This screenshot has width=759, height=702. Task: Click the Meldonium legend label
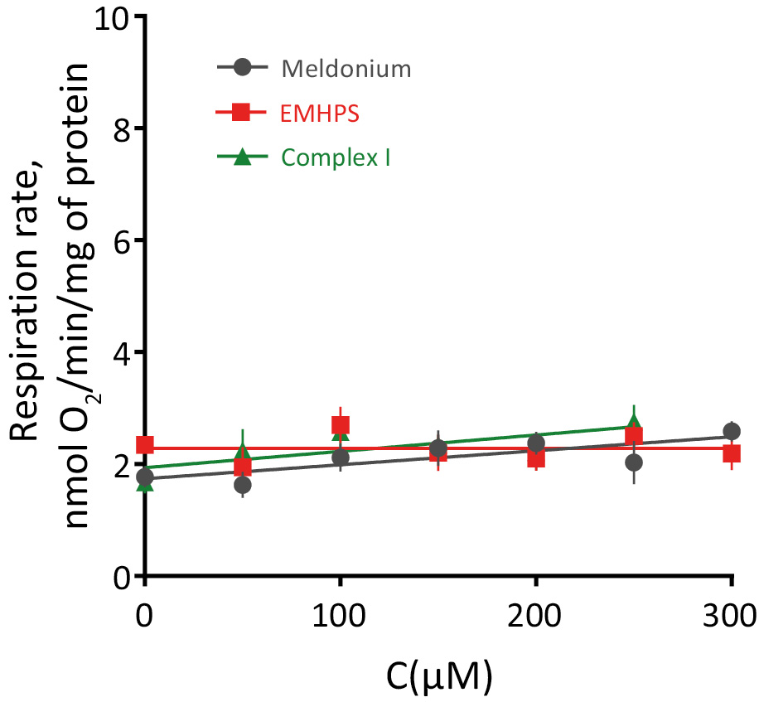click(x=346, y=69)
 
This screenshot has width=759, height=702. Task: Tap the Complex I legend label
click(x=336, y=157)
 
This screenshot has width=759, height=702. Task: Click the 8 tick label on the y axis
click(x=122, y=128)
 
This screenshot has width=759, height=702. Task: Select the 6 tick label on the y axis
click(x=122, y=240)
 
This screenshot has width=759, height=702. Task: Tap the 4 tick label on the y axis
click(x=122, y=352)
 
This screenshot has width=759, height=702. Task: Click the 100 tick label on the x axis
click(x=340, y=617)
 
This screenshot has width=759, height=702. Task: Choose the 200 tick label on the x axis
click(x=535, y=617)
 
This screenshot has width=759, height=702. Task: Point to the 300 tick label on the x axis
click(x=730, y=617)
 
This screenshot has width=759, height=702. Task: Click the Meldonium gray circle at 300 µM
click(x=731, y=431)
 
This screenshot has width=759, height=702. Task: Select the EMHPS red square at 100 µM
click(x=340, y=425)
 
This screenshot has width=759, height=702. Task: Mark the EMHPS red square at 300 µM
click(x=731, y=453)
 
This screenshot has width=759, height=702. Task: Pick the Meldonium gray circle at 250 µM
click(x=634, y=462)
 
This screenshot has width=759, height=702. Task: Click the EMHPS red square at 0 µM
click(x=145, y=445)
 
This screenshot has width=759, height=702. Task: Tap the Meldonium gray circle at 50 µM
click(x=243, y=485)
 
